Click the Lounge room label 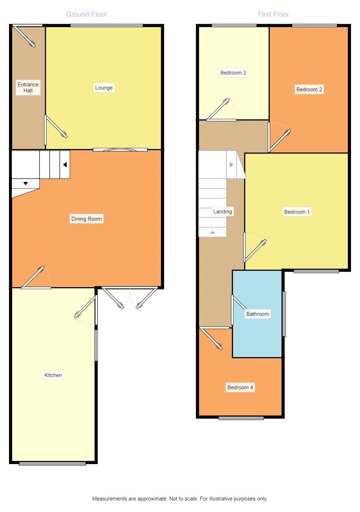click(x=104, y=88)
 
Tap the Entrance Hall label click(x=28, y=87)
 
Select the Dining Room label click(x=86, y=219)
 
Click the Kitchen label click(x=53, y=375)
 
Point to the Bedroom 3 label click(x=233, y=73)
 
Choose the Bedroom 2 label click(x=309, y=90)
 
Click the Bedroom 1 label click(x=297, y=212)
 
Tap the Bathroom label click(x=258, y=314)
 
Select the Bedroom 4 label click(x=240, y=387)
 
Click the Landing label click(x=223, y=212)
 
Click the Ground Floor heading click(x=86, y=14)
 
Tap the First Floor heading click(x=273, y=14)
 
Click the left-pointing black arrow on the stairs click(x=65, y=165)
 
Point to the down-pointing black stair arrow click(x=26, y=184)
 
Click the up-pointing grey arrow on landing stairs click(x=213, y=232)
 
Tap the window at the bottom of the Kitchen click(x=52, y=464)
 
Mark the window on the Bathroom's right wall click(x=284, y=314)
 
